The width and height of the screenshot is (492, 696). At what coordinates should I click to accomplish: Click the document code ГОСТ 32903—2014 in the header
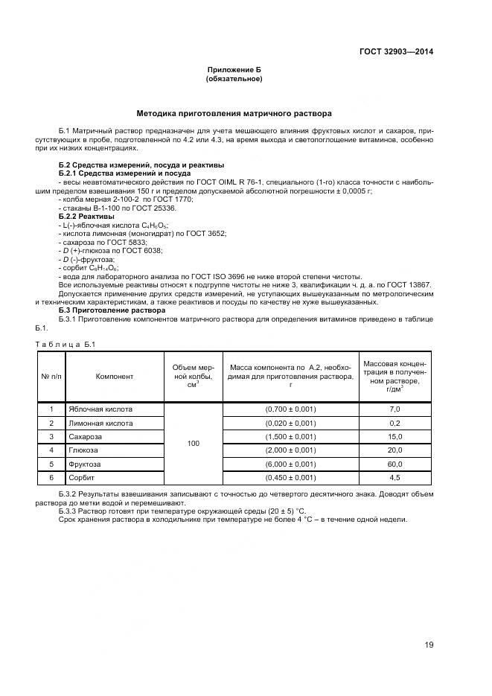[397, 51]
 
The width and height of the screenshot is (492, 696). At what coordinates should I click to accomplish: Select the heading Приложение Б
[234, 69]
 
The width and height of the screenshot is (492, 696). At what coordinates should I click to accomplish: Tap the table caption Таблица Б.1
[66, 344]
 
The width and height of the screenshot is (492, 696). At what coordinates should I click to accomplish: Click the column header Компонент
[115, 376]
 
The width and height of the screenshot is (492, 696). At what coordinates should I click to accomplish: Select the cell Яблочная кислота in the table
[100, 409]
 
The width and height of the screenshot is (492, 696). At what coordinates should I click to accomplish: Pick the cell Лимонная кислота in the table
[100, 423]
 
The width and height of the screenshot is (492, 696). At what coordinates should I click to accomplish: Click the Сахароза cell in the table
[86, 436]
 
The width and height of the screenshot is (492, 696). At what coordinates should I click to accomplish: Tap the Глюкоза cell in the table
[83, 450]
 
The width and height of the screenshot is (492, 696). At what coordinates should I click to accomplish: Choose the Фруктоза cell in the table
[85, 463]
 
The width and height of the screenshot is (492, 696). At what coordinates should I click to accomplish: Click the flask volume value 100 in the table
[194, 443]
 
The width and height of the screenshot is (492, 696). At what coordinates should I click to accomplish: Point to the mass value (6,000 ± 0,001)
[290, 463]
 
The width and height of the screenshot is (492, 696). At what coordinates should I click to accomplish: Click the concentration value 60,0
[394, 463]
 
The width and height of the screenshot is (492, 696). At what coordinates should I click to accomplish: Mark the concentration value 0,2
[394, 423]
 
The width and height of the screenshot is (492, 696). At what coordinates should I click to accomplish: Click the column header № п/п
[51, 376]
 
